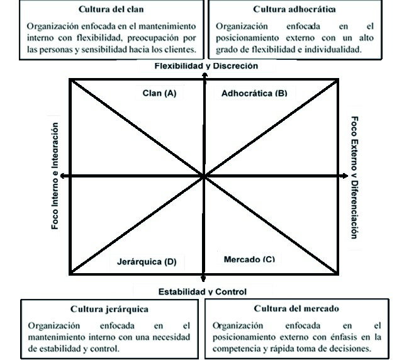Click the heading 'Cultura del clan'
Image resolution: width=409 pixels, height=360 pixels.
111,10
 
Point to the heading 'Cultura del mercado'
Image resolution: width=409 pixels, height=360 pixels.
297,309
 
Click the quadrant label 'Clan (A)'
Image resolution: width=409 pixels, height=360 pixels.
159,93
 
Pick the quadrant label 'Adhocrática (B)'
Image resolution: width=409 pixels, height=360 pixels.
254,93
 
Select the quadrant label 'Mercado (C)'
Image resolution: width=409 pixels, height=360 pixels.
249,259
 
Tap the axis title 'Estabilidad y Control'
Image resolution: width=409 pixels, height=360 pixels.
202,291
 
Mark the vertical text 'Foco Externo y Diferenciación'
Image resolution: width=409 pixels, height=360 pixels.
354,177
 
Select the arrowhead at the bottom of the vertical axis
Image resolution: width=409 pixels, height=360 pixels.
203,280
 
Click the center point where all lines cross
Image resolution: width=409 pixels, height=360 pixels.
204,176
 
